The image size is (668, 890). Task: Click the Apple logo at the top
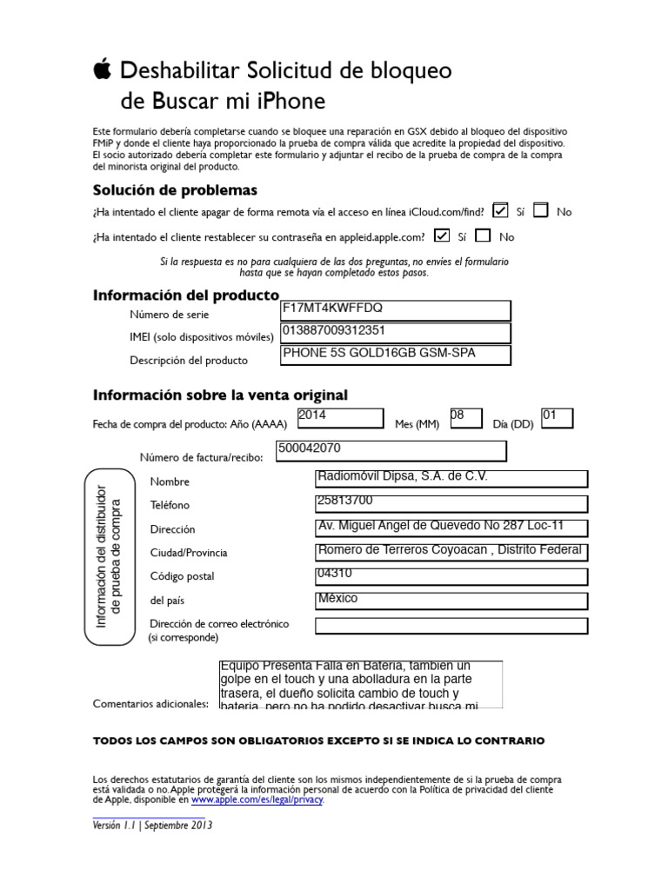(x=103, y=70)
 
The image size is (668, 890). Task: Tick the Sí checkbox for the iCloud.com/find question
(x=500, y=209)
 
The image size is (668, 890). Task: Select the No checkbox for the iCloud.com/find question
(x=541, y=209)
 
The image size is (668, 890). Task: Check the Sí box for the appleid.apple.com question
(x=442, y=235)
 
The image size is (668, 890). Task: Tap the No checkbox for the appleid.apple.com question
(x=484, y=235)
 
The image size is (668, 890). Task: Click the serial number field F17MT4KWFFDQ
(x=395, y=310)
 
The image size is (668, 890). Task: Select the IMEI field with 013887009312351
(x=395, y=333)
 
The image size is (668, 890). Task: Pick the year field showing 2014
(x=340, y=418)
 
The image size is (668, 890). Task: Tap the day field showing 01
(x=557, y=418)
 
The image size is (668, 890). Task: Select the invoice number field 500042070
(x=391, y=450)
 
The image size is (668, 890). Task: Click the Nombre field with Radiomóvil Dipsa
(x=451, y=479)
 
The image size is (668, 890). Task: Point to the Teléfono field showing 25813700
(x=451, y=503)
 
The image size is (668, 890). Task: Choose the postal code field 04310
(x=451, y=576)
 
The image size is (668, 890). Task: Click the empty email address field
(x=451, y=626)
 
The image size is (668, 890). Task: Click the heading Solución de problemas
(x=175, y=190)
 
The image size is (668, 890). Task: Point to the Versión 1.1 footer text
(x=152, y=826)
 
